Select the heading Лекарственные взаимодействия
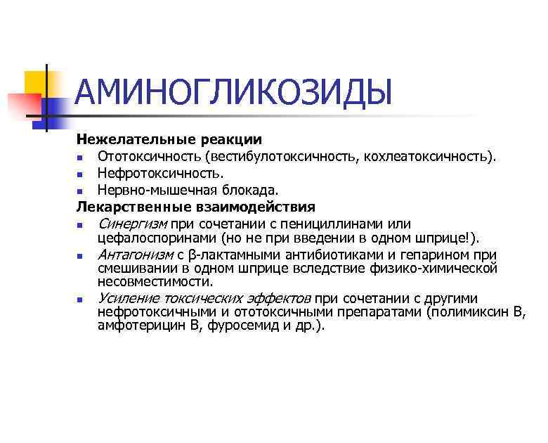click(196, 207)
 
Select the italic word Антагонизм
click(132, 255)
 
